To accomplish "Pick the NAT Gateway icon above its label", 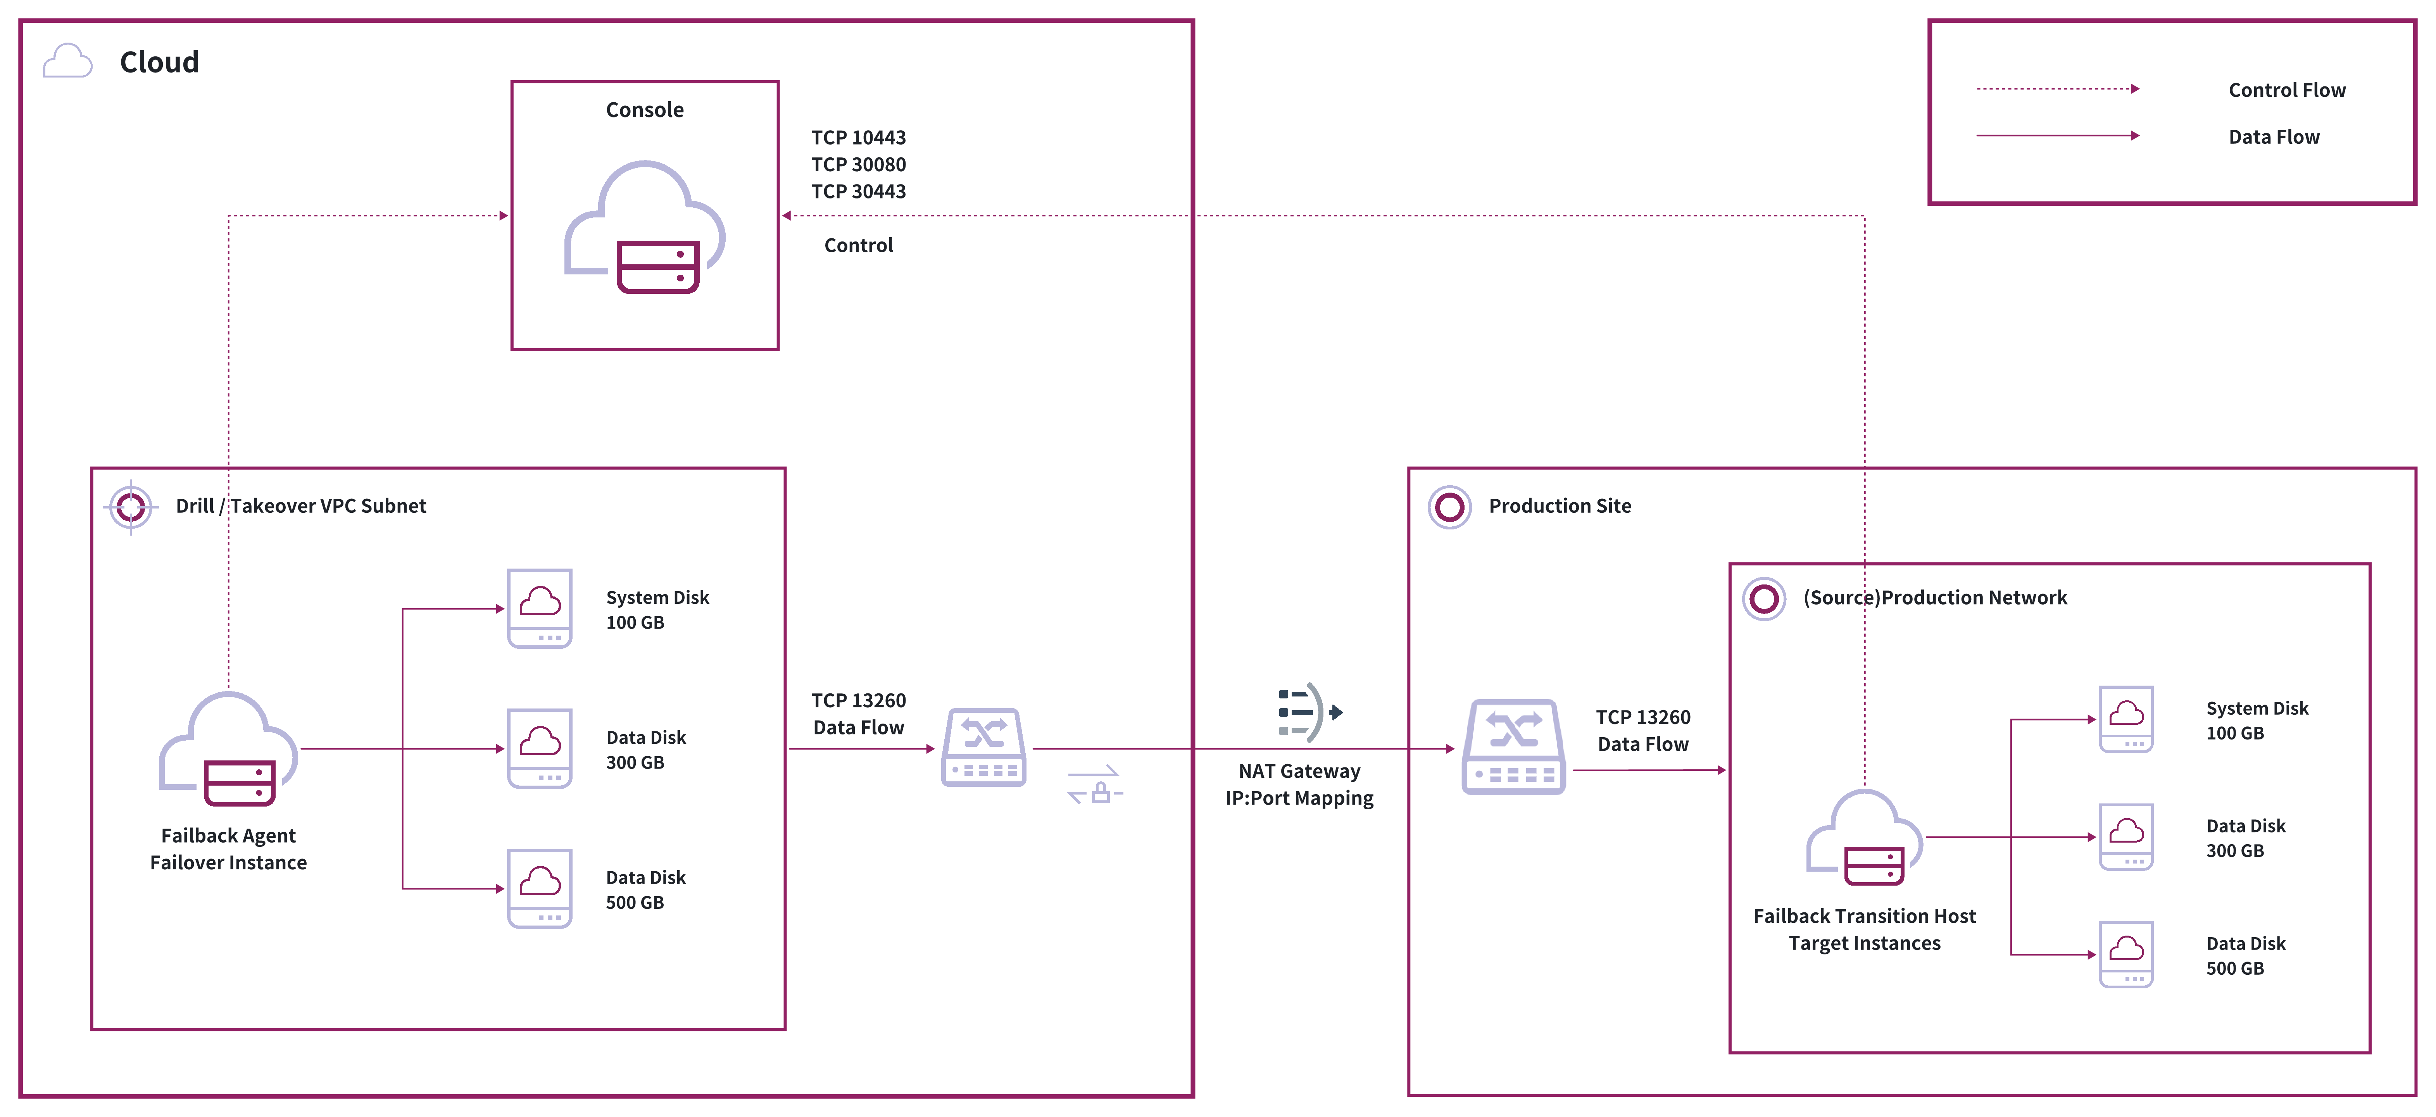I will (1308, 712).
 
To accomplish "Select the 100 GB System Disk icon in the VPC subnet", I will (540, 608).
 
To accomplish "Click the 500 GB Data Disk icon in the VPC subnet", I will (540, 888).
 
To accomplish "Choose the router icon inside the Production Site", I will (1513, 747).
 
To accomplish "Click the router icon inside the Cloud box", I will (983, 747).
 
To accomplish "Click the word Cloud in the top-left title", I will (159, 62).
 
